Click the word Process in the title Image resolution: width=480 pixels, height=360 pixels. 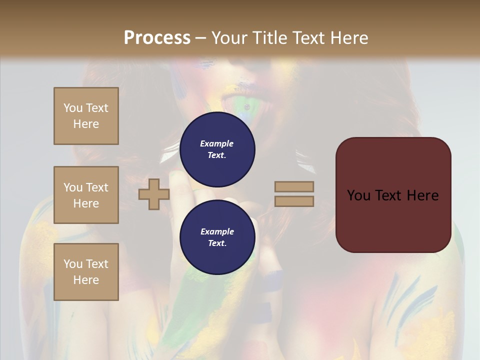coord(157,38)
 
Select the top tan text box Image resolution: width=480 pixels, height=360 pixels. coord(86,116)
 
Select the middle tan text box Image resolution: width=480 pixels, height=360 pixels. coord(86,195)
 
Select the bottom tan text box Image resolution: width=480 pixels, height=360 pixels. coord(86,272)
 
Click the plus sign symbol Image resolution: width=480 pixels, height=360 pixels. coord(153,194)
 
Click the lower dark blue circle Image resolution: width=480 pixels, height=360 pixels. coord(217,237)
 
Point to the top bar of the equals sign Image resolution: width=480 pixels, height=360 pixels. coord(294,186)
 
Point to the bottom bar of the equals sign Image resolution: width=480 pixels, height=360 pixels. coord(294,201)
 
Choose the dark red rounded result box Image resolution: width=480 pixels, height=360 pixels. coord(393,195)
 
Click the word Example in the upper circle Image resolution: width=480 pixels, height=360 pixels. coord(216,143)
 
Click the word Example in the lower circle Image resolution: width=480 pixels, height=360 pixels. coord(217,231)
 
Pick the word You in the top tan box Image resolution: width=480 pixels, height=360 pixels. coord(72,108)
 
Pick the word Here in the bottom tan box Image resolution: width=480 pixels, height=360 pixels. coord(86,280)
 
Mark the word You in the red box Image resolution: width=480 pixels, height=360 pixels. coord(358,195)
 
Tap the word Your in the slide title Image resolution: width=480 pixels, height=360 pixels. coord(230,38)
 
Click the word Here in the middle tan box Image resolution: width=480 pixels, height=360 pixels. coord(86,203)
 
